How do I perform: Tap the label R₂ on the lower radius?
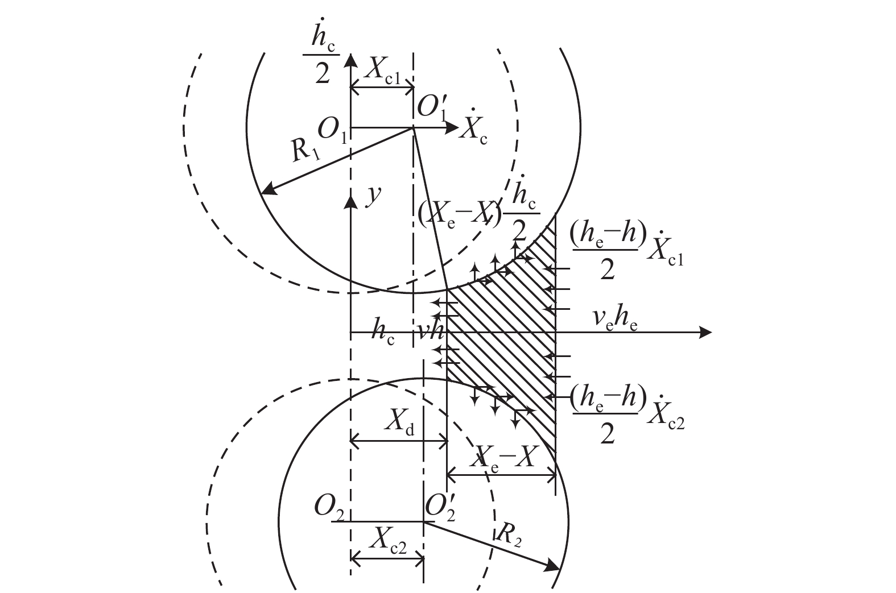[509, 536]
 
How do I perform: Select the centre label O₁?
[332, 131]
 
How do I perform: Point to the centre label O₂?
[329, 508]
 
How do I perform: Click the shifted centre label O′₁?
[432, 108]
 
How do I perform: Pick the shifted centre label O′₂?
[440, 508]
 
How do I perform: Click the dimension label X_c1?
[382, 72]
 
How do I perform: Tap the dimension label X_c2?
[388, 541]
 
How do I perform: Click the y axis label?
[373, 196]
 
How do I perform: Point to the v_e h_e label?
[615, 321]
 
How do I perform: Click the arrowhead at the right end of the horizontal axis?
[705, 332]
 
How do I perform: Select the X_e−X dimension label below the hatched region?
[502, 459]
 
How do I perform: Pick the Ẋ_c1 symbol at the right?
[666, 250]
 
